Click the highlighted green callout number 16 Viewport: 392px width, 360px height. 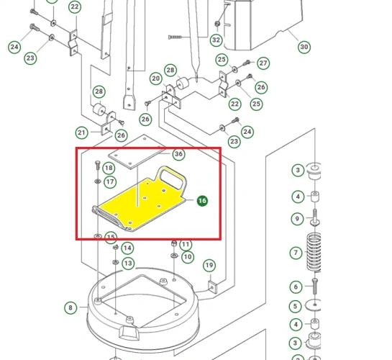[202, 202]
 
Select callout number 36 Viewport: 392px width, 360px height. [178, 154]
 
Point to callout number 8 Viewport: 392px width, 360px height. [70, 308]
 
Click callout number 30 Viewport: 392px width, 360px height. [304, 47]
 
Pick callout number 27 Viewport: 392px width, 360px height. [263, 63]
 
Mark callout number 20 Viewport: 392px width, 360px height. [155, 78]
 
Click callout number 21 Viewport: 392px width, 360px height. [81, 132]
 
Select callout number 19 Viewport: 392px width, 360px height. [209, 266]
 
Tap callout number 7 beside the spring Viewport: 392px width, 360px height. [296, 253]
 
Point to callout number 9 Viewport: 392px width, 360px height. [296, 219]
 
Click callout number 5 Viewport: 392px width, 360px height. [296, 305]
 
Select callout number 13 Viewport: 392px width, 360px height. [127, 264]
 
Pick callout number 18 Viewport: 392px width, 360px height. [109, 168]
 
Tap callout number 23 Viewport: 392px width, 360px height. [30, 58]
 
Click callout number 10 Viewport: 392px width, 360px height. [187, 257]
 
